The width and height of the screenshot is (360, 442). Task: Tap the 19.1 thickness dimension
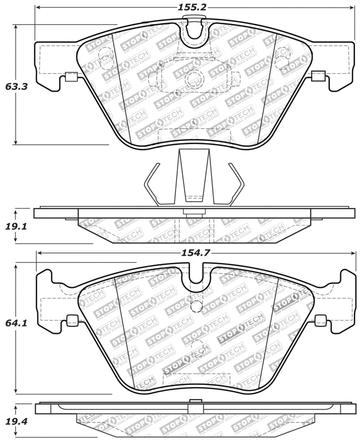click(17, 226)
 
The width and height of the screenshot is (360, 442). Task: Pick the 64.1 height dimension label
click(17, 323)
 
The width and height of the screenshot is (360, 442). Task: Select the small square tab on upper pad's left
click(71, 77)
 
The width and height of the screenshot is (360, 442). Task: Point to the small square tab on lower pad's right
click(320, 320)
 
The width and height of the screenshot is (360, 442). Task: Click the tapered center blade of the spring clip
click(194, 176)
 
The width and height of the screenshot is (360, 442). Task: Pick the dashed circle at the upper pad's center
click(194, 78)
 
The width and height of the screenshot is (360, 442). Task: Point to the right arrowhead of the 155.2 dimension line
click(352, 8)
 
